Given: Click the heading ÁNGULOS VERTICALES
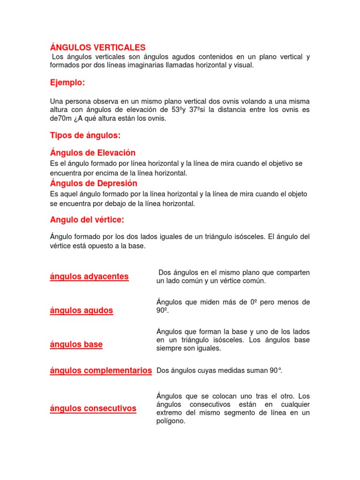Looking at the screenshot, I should [x=98, y=47].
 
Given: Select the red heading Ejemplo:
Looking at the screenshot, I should [x=67, y=82].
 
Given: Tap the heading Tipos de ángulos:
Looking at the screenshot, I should [x=85, y=135].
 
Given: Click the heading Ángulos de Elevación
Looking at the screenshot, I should [x=93, y=153].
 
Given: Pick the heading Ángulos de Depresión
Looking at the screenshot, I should [x=94, y=183].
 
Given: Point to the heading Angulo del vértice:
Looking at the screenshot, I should [x=87, y=219].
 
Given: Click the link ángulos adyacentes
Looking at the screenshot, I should [x=89, y=277].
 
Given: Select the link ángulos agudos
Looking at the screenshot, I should [x=82, y=310].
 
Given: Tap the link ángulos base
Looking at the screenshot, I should [x=76, y=345].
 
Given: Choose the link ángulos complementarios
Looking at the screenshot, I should [x=101, y=371].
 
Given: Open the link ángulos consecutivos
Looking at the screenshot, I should [x=93, y=408].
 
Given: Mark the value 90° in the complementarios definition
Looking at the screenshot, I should [x=276, y=371].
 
